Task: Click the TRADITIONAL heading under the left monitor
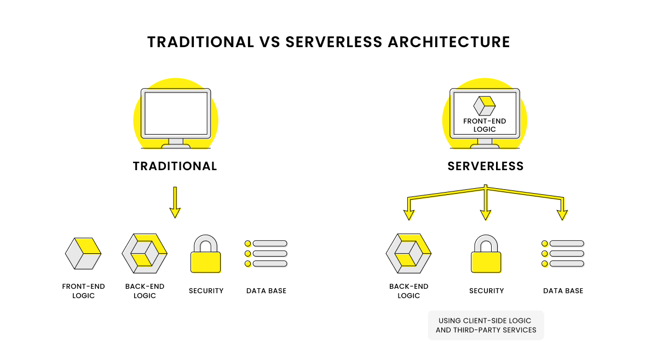click(x=175, y=166)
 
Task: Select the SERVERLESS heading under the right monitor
click(x=485, y=166)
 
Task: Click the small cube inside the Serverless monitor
click(x=484, y=106)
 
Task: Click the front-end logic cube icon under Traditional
click(x=83, y=253)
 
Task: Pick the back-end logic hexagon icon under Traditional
click(x=145, y=253)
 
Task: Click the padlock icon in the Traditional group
click(x=205, y=254)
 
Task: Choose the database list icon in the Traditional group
click(x=266, y=253)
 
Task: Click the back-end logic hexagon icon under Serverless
click(x=408, y=253)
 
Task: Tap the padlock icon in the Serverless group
click(x=486, y=254)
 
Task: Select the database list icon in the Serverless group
click(x=563, y=253)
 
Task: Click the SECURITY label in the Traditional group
click(x=206, y=291)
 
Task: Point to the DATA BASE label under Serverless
click(x=563, y=291)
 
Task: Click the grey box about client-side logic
click(x=486, y=326)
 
